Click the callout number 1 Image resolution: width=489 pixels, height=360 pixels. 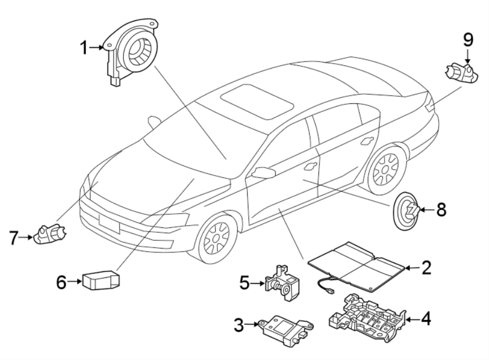[x=84, y=48]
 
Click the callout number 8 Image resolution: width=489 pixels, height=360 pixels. [x=441, y=209]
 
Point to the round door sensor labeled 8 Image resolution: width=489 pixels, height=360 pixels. [x=406, y=210]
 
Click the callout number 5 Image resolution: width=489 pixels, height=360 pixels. [x=245, y=282]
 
